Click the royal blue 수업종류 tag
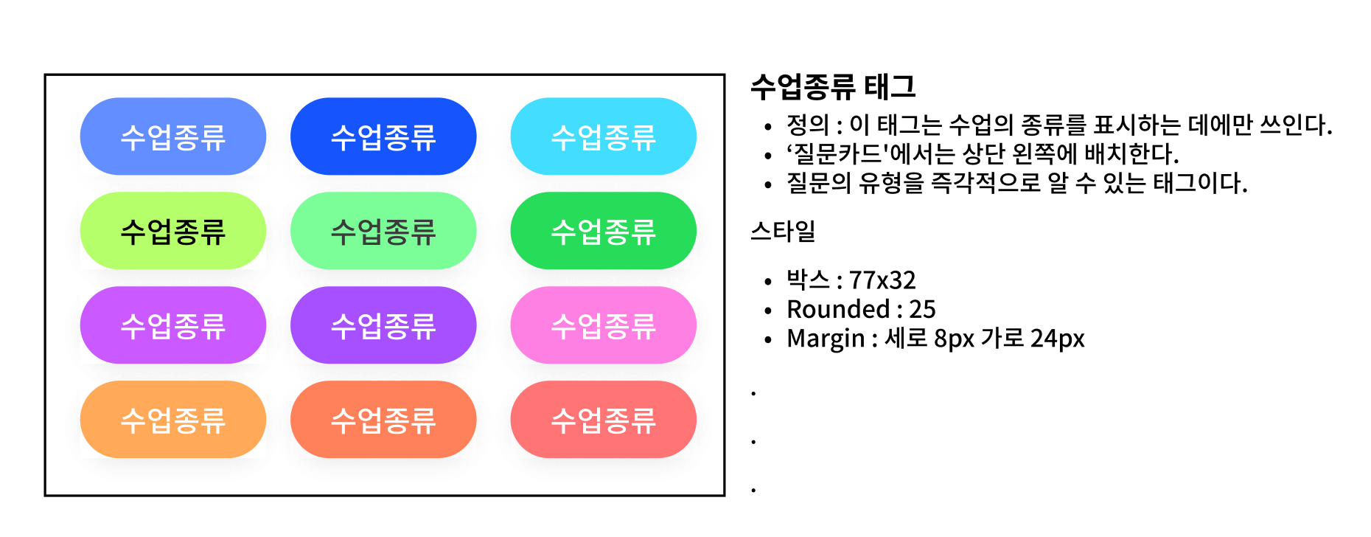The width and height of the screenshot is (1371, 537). tap(383, 136)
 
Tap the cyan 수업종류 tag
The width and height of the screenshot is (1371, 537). tap(603, 136)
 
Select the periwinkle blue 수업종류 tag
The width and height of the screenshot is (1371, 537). tap(172, 136)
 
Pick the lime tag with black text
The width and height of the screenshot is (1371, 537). tap(172, 231)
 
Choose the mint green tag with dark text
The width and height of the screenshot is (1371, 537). tap(383, 231)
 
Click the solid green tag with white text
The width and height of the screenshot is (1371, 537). tap(603, 231)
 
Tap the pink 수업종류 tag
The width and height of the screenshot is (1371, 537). tap(603, 325)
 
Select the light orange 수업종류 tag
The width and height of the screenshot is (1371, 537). tap(172, 420)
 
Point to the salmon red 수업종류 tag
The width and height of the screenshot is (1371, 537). tap(603, 420)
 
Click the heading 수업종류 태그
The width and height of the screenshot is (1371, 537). tap(833, 87)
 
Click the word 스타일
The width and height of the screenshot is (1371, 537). tap(783, 232)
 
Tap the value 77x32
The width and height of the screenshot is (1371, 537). tap(882, 280)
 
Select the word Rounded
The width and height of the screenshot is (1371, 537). tap(839, 309)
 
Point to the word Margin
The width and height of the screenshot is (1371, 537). tap(826, 339)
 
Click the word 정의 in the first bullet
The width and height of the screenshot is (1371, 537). tap(808, 125)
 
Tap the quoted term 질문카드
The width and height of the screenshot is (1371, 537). tap(837, 154)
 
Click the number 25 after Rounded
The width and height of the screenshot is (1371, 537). tap(922, 309)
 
